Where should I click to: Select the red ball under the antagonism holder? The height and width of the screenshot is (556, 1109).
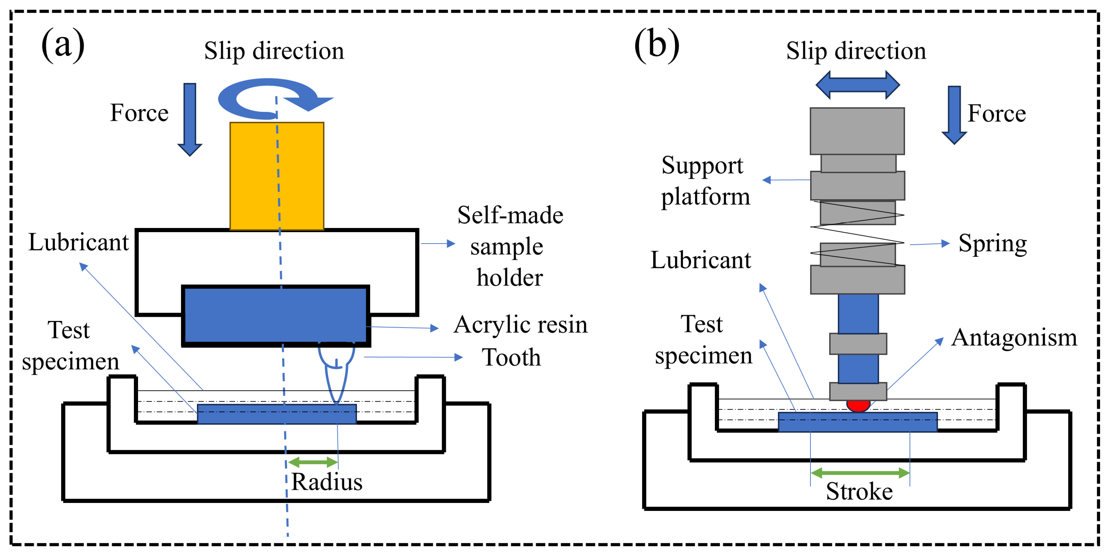858,405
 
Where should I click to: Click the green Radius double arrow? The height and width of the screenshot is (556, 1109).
313,462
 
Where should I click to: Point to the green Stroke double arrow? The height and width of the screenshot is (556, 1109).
860,473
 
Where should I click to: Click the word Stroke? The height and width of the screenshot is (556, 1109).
859,491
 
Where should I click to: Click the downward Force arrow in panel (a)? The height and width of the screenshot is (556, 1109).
190,118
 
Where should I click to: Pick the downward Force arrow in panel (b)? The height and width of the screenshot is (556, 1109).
954,114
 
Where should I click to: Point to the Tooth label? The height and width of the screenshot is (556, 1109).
511,357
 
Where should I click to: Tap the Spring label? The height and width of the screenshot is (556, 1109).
992,244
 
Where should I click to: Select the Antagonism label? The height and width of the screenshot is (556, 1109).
1014,338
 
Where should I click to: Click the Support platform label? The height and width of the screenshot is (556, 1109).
705,181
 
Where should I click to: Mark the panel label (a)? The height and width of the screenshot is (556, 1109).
63,45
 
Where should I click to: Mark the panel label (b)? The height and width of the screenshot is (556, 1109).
656,45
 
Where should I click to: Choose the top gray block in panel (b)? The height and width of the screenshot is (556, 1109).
857,131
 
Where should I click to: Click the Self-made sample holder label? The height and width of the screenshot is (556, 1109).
510,246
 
